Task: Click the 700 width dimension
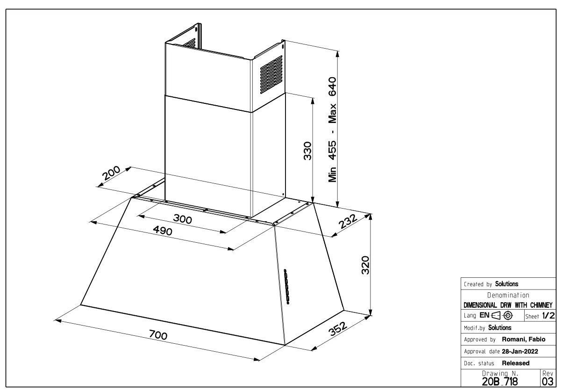158,335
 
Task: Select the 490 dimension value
163,231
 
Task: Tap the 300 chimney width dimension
183,219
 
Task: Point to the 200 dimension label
111,173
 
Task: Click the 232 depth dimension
348,221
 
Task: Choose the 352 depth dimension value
338,329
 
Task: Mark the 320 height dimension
365,265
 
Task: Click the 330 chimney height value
307,151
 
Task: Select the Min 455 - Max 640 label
332,130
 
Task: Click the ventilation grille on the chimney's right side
271,75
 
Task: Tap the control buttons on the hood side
286,287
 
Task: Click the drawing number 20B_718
500,382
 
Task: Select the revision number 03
548,382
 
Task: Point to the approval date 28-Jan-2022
520,352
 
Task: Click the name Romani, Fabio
524,340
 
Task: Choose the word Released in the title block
516,363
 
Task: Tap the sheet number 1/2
549,316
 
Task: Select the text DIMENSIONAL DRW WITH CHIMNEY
508,305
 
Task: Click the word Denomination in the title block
508,295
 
